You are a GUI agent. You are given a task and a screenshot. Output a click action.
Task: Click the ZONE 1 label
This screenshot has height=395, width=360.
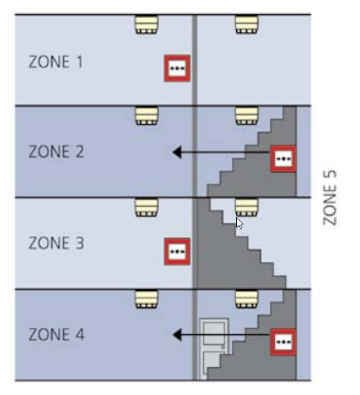click(x=56, y=62)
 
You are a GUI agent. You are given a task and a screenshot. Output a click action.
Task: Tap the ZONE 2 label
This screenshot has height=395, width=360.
click(x=56, y=152)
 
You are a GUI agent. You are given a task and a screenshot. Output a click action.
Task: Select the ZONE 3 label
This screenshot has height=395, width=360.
click(x=56, y=243)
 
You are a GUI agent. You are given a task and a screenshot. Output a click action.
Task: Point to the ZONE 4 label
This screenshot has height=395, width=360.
click(x=56, y=334)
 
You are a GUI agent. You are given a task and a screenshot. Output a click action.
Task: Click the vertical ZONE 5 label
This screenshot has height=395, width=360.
click(x=330, y=197)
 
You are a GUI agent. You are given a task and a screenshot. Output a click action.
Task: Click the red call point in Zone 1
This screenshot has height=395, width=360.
click(x=177, y=68)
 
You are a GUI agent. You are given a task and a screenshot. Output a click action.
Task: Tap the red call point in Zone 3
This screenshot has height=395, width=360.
click(x=177, y=252)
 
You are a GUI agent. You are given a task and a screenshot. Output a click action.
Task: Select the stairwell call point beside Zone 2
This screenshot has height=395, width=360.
click(x=283, y=159)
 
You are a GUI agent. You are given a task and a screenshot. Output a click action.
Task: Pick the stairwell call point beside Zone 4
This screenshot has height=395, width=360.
click(x=283, y=342)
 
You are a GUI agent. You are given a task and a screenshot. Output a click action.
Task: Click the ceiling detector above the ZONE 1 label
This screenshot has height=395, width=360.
click(x=146, y=25)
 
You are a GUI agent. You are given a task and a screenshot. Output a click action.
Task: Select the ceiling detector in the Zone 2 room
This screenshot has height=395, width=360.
click(x=146, y=116)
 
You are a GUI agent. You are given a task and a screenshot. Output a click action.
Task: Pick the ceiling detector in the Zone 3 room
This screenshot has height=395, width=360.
click(x=146, y=208)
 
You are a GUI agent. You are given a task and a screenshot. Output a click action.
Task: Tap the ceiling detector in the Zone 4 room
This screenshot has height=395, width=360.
click(x=146, y=299)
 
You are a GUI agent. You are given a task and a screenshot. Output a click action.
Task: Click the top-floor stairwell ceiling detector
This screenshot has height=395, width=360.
click(x=247, y=25)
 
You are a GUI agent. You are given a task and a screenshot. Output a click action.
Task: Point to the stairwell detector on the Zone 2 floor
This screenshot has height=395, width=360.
click(x=247, y=116)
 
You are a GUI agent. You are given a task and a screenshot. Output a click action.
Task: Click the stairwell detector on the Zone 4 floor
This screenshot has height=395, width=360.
click(x=247, y=299)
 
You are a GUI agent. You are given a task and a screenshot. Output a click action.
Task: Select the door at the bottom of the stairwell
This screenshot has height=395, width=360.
click(x=214, y=349)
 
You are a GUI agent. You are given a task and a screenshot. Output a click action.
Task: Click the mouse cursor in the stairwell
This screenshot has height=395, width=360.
click(x=239, y=223)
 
